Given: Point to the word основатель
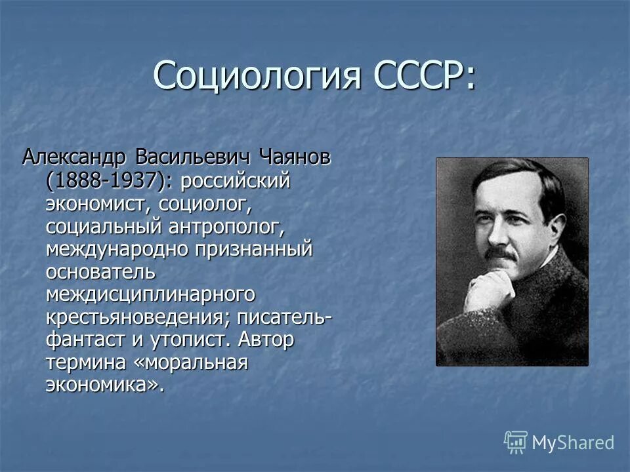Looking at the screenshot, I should tap(100, 272).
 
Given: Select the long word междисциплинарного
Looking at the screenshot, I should tap(150, 295).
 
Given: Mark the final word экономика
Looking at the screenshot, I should tap(102, 385).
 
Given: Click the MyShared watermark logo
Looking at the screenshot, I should tap(559, 442).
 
